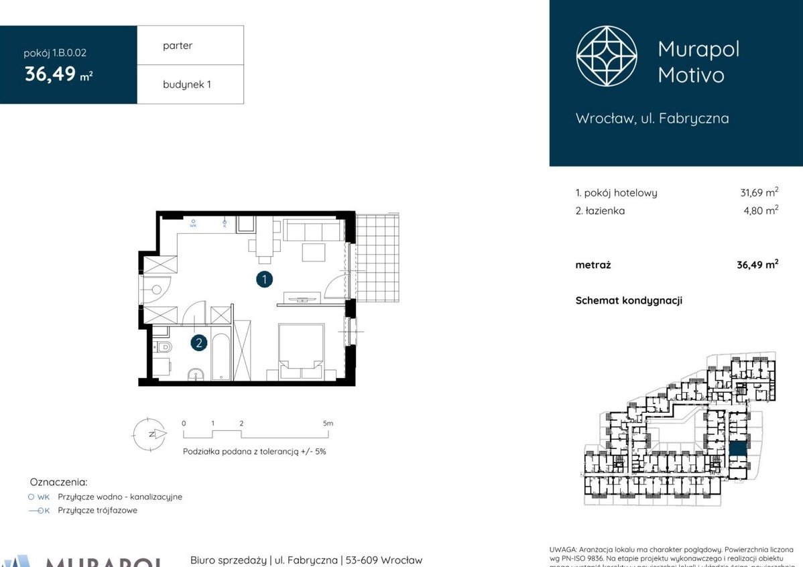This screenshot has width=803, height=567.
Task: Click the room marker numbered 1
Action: click(264, 279)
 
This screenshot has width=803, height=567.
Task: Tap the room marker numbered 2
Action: click(198, 344)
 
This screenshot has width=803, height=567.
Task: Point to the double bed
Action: click(301, 351)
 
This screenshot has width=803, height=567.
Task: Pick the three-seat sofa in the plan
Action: click(312, 232)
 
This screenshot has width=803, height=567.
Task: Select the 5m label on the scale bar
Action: click(327, 424)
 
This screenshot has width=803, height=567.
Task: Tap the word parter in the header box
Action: click(177, 46)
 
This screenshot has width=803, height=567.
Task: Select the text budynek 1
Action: click(186, 84)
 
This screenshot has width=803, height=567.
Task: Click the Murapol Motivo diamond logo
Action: click(607, 56)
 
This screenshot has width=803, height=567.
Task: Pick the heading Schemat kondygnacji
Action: click(629, 300)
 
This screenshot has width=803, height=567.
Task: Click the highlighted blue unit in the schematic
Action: click(738, 449)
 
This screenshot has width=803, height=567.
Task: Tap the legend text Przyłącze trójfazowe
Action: click(97, 510)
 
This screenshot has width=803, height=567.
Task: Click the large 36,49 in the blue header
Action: click(50, 74)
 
